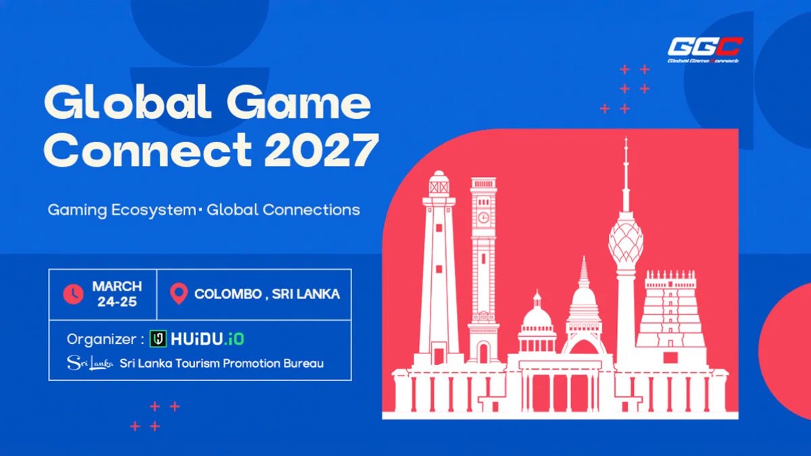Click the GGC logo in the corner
click(704, 50)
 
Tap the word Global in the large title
click(127, 101)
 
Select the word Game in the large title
click(299, 102)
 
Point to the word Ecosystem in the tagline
click(153, 210)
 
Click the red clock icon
click(73, 294)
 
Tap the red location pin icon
click(179, 293)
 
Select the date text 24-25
click(117, 302)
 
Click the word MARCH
click(117, 286)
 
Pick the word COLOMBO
click(228, 294)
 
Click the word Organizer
click(101, 339)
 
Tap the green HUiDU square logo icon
click(158, 339)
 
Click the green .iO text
click(234, 339)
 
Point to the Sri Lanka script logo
click(90, 363)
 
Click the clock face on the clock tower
click(483, 218)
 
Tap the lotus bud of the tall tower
click(626, 240)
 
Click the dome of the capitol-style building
click(537, 317)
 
